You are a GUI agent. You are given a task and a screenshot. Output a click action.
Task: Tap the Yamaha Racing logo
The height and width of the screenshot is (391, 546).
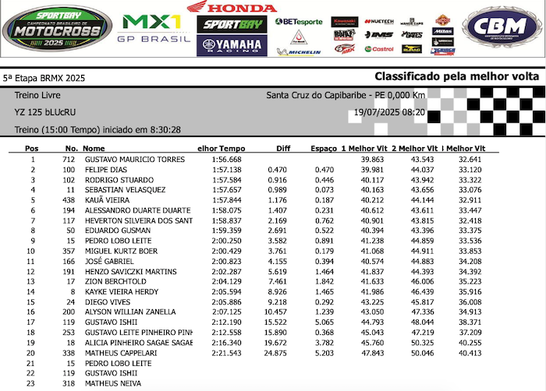tap(232, 45)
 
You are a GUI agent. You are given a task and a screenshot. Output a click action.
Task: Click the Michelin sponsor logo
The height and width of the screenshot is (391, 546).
tap(299, 51)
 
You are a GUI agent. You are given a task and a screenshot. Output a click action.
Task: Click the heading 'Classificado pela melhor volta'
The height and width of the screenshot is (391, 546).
tap(456, 76)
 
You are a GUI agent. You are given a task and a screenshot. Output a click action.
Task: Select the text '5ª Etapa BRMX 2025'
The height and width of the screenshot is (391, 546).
tap(44, 78)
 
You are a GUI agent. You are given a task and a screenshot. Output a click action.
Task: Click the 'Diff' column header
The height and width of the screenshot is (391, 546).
tap(283, 148)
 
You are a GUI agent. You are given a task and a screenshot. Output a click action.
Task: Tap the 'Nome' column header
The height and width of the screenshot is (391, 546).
tap(94, 148)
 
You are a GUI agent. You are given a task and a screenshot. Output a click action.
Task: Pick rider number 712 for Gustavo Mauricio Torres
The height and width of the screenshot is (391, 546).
tap(69, 159)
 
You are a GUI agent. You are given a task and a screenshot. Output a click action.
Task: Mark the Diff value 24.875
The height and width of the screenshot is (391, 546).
tap(276, 352)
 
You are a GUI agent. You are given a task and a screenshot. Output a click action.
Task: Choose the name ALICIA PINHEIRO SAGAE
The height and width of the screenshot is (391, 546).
tap(139, 342)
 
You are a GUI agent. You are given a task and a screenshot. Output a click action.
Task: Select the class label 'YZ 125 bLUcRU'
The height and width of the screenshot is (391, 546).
tap(43, 112)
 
